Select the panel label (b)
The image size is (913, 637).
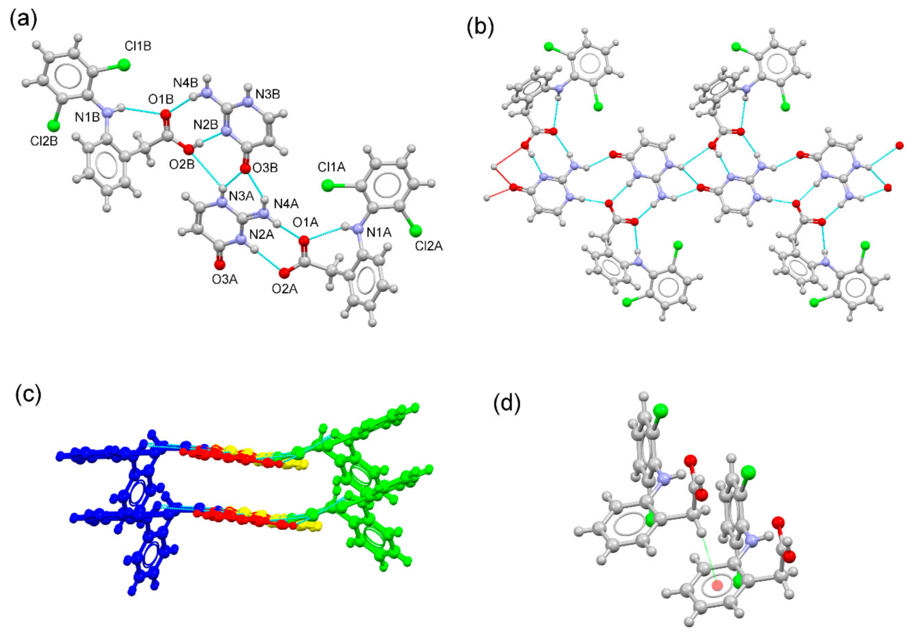480,27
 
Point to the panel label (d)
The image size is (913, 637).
507,404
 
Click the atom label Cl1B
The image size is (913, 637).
138,46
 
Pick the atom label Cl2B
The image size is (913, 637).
44,141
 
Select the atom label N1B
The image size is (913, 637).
88,117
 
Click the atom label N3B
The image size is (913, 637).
267,94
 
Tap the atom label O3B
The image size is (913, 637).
265,167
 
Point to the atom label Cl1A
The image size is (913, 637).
332,167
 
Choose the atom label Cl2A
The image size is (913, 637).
429,246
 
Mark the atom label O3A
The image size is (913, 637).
224,279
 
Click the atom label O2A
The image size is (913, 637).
284,289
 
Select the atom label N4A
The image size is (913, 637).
287,203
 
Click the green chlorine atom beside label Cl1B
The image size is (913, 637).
123,65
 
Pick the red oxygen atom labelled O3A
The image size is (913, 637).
220,264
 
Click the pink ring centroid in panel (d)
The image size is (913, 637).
718,584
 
